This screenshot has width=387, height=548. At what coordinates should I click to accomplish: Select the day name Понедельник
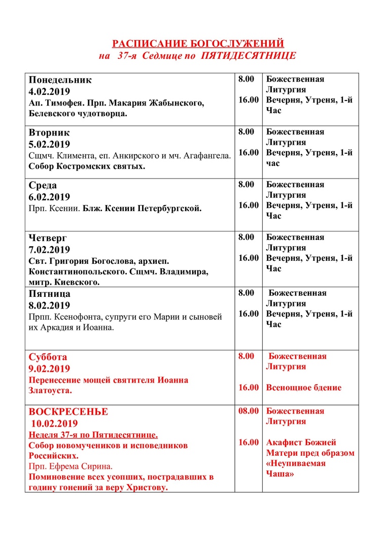pos(60,80)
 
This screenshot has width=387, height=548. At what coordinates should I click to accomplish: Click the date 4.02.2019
pos(49,92)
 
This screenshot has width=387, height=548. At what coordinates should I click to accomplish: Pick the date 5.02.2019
pos(49,144)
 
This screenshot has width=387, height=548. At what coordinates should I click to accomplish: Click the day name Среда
pos(43,185)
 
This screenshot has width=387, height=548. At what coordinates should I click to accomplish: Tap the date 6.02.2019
pos(49,197)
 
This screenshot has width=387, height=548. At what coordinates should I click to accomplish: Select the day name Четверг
pos(48,238)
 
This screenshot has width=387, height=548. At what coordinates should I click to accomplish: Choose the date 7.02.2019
pos(49,250)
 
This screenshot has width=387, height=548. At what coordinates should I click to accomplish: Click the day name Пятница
pos(50,294)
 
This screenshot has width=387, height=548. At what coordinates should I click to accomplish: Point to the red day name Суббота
pos(48,357)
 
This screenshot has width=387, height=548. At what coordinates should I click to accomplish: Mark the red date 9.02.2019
pos(49,368)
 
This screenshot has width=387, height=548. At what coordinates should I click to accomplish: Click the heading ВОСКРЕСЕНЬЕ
pos(68,412)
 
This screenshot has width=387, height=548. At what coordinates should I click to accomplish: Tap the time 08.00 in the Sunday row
pos(249,411)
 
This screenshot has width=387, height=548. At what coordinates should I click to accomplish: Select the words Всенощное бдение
pos(304,388)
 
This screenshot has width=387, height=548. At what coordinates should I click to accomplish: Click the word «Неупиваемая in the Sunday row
pos(296,463)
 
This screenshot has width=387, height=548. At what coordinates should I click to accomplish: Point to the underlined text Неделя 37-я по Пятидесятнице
pos(93,435)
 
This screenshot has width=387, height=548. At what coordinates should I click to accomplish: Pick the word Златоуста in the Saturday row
pos(50,391)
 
